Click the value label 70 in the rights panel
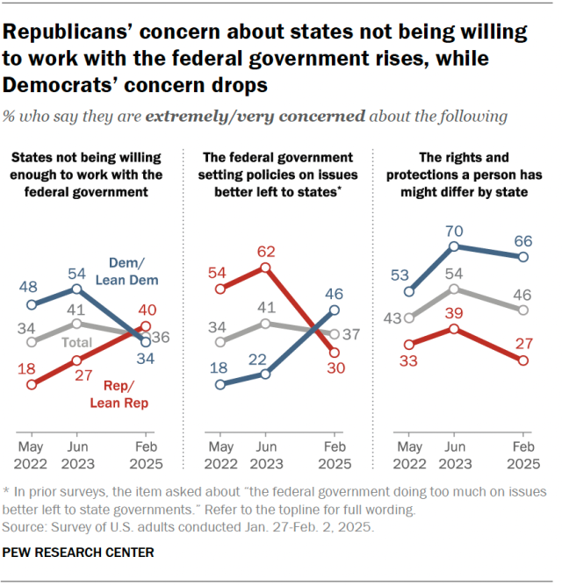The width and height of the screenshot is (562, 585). click(x=453, y=232)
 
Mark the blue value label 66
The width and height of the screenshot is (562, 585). click(x=523, y=239)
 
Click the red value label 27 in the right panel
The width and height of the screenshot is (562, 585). click(x=523, y=343)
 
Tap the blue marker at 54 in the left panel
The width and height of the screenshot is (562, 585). click(x=76, y=288)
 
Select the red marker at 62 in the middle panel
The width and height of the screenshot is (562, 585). click(x=264, y=267)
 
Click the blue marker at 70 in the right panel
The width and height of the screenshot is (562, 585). click(x=454, y=247)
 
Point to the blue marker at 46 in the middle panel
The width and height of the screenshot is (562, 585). click(x=334, y=310)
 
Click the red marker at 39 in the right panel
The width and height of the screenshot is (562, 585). click(x=454, y=329)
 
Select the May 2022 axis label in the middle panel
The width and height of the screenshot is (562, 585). click(x=220, y=454)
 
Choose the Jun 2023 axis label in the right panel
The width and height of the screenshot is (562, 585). click(x=454, y=454)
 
